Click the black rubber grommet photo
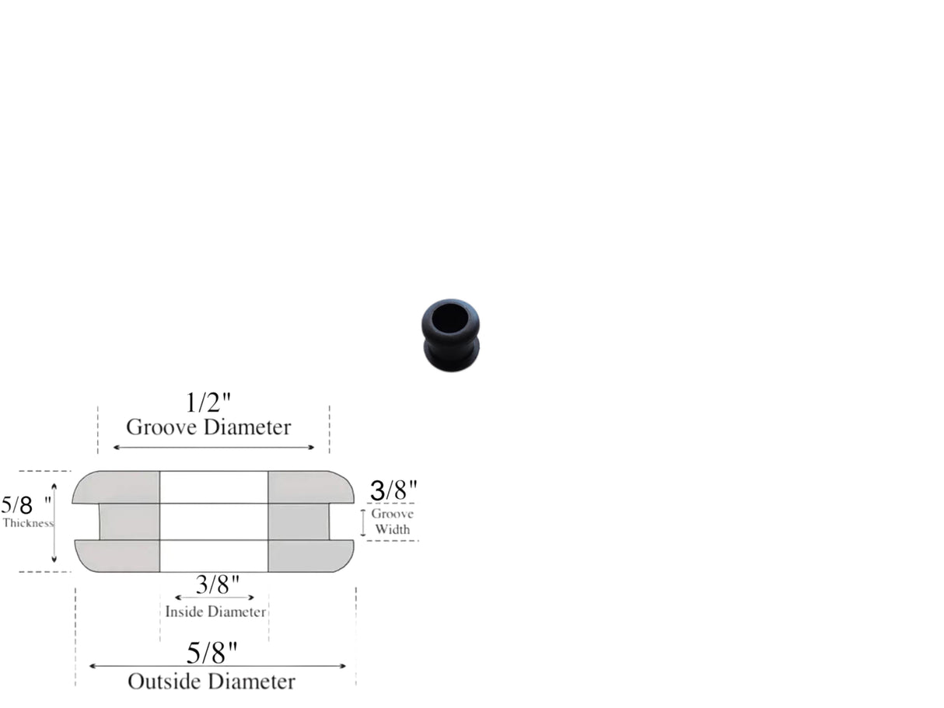click(450, 334)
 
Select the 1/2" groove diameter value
click(209, 403)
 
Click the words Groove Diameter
click(208, 427)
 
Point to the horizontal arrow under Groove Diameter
click(214, 447)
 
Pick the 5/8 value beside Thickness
click(18, 505)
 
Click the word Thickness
click(28, 523)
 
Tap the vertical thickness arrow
click(54, 521)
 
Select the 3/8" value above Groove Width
click(393, 490)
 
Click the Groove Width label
click(392, 521)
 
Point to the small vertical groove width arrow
click(362, 522)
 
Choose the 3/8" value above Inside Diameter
click(217, 584)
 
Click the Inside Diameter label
click(215, 612)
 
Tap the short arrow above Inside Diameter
click(215, 598)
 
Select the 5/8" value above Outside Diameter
click(212, 654)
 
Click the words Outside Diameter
click(212, 682)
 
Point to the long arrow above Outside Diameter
click(217, 666)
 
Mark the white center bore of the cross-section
click(214, 521)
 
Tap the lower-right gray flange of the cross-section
click(309, 556)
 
